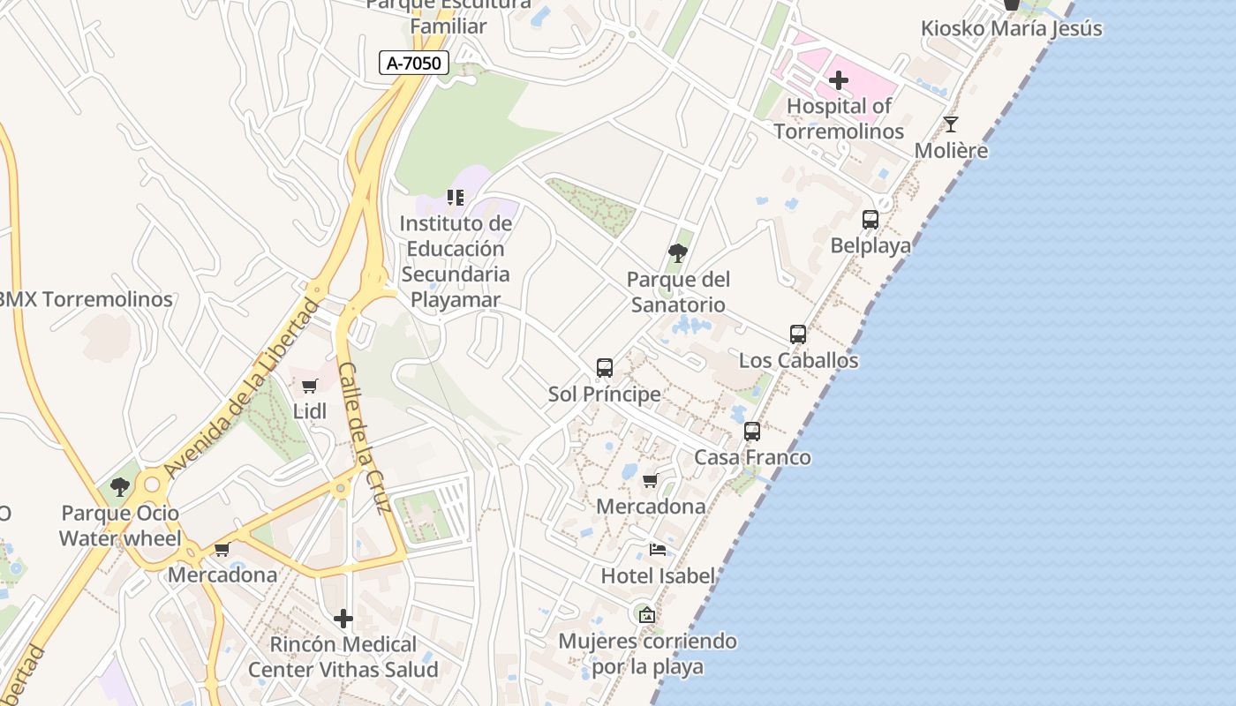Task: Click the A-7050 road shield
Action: tap(414, 63)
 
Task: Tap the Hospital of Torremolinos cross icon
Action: tap(838, 81)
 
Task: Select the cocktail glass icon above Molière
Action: tap(950, 124)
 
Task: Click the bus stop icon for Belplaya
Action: tap(870, 220)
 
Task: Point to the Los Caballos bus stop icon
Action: tap(797, 334)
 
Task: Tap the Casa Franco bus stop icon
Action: tap(751, 432)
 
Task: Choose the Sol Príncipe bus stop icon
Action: tap(604, 368)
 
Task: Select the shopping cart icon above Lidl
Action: tap(309, 386)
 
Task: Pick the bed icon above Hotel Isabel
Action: tap(658, 550)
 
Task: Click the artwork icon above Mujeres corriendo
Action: tap(646, 614)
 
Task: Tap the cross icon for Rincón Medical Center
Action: tap(343, 619)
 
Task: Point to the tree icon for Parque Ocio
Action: tap(119, 487)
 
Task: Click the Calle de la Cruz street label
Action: tap(365, 438)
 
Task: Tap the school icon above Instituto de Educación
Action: tap(455, 198)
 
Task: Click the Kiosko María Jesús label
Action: tap(1011, 28)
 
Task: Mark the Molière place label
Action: tap(951, 150)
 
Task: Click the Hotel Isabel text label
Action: tap(658, 576)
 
